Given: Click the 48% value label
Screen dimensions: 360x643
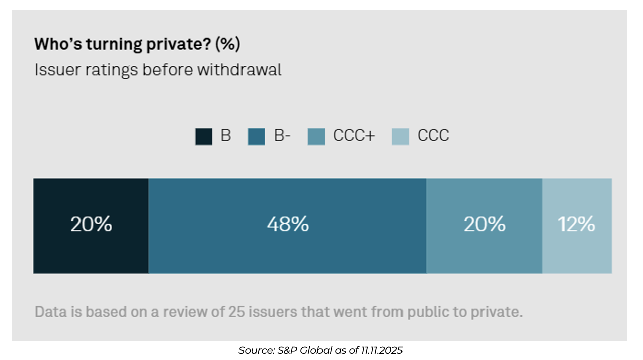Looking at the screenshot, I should [x=287, y=224].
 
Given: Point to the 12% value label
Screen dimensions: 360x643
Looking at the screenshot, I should [x=577, y=224].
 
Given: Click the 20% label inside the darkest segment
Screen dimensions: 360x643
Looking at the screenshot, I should [x=91, y=224].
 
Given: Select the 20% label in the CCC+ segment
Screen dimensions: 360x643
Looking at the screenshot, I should [x=484, y=224].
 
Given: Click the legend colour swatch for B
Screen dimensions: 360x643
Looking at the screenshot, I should [x=204, y=137].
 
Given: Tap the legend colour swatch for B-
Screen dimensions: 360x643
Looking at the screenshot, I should [x=256, y=137].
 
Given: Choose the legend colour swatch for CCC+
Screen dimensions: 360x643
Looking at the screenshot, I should [x=316, y=137].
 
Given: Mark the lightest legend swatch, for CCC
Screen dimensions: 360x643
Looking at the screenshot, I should [x=400, y=137].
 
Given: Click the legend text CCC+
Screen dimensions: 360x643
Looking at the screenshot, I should [x=354, y=136].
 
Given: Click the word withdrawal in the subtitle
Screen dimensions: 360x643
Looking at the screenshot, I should [x=239, y=70].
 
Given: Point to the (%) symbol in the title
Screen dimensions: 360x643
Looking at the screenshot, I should [x=227, y=44].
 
